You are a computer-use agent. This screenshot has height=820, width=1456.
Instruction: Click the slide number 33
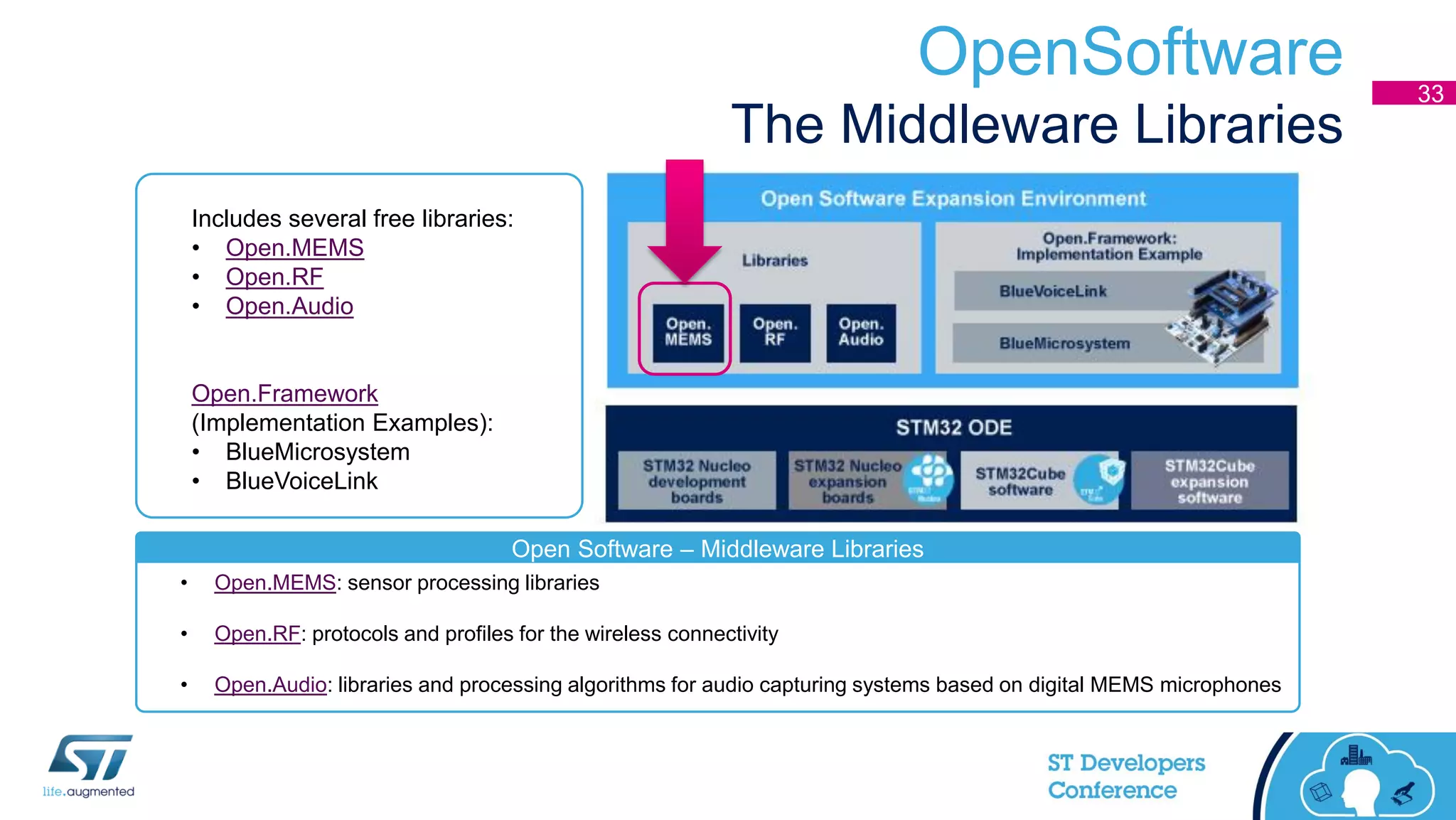pyautogui.click(x=1430, y=93)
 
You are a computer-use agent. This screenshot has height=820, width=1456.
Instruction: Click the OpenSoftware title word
pyautogui.click(x=1130, y=53)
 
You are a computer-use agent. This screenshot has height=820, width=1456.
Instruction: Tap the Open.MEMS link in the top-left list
pyautogui.click(x=294, y=247)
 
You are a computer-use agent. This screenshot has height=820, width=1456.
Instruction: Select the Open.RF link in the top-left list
pyautogui.click(x=274, y=277)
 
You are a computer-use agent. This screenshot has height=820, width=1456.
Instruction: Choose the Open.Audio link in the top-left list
pyautogui.click(x=289, y=306)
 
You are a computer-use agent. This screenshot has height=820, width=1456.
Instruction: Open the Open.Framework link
pyautogui.click(x=284, y=393)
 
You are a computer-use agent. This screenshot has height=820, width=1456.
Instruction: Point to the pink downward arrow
pyautogui.click(x=685, y=220)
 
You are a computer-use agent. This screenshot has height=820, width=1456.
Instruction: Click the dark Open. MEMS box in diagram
pyautogui.click(x=687, y=333)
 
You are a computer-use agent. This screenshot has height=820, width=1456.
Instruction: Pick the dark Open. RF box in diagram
pyautogui.click(x=775, y=333)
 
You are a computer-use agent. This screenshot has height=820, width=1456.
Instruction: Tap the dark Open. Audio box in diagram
pyautogui.click(x=861, y=333)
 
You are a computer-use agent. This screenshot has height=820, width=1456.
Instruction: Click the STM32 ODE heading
pyautogui.click(x=953, y=427)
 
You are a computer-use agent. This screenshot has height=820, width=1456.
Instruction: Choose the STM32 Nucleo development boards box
pyautogui.click(x=697, y=481)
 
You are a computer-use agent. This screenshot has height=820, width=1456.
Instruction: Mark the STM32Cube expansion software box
pyautogui.click(x=1209, y=481)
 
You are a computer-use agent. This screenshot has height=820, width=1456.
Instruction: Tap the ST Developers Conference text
pyautogui.click(x=1125, y=776)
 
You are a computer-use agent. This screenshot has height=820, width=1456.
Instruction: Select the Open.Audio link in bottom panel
pyautogui.click(x=270, y=685)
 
